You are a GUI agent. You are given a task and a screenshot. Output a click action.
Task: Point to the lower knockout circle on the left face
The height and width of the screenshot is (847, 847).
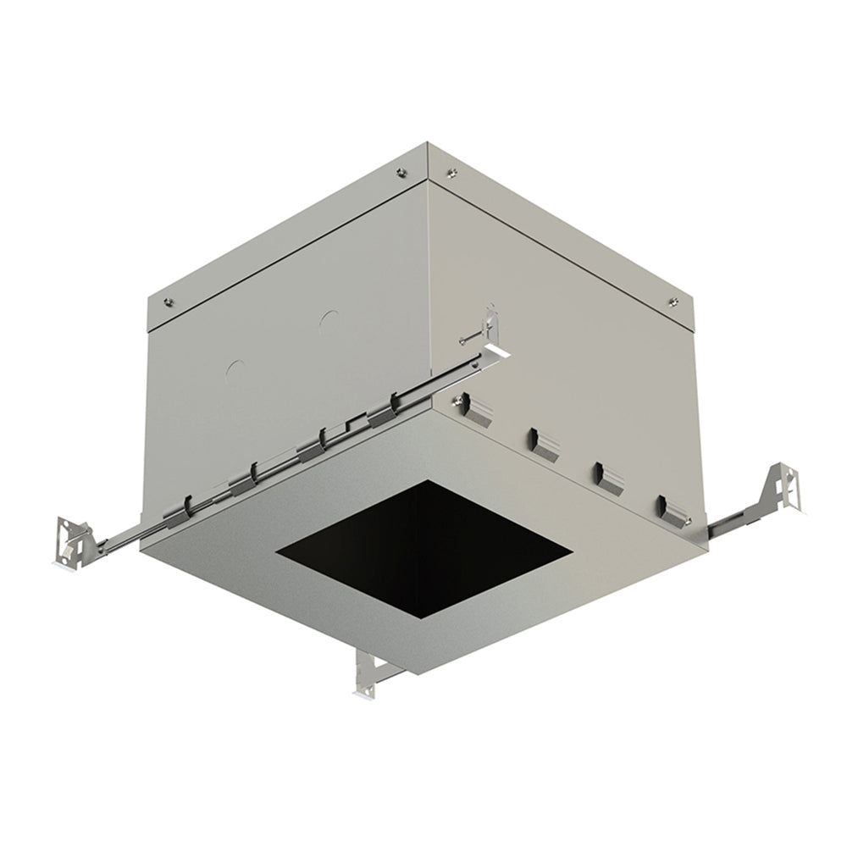tap(236, 369)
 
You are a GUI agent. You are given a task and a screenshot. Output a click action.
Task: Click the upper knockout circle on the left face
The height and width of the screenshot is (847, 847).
tap(329, 320)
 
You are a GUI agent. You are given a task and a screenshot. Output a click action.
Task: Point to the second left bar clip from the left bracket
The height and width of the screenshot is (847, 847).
tap(241, 482)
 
